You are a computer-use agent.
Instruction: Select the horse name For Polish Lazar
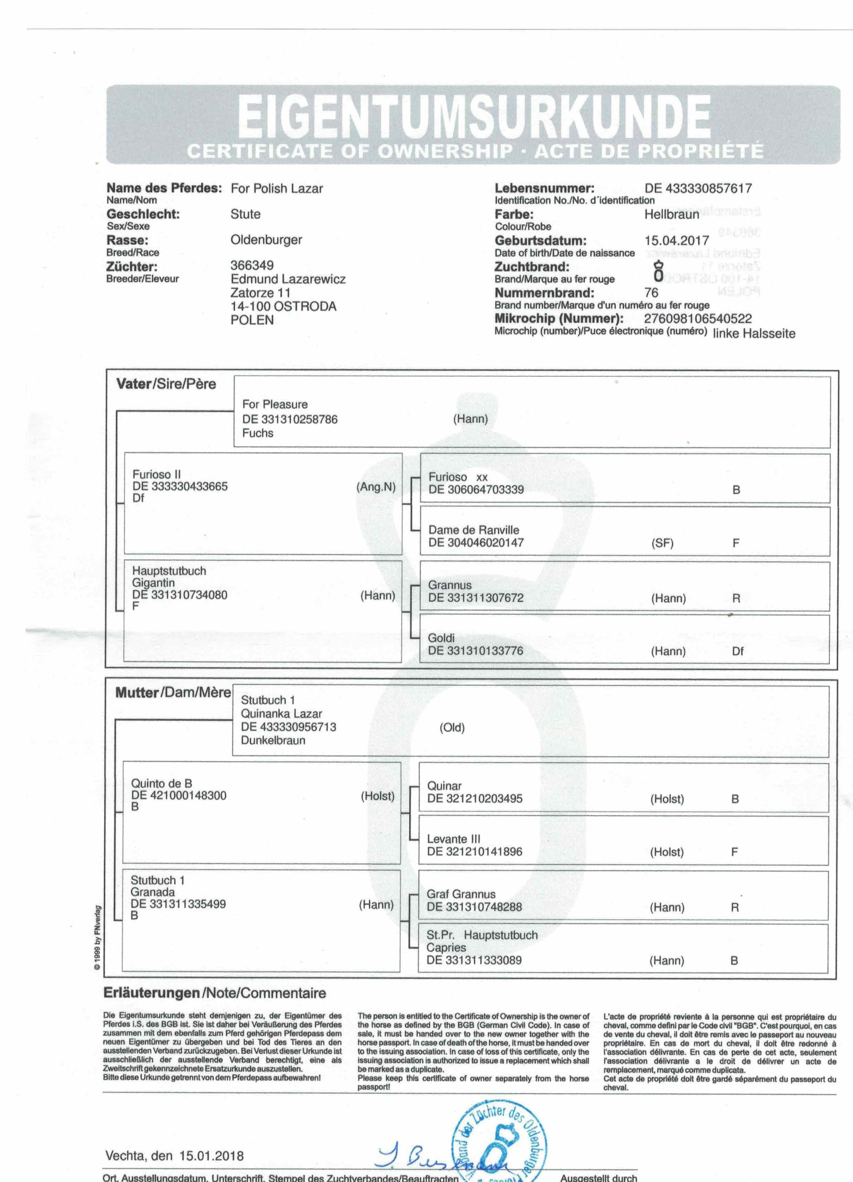[276, 189]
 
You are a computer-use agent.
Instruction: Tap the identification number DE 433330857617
[698, 189]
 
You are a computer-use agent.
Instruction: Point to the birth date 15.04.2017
[676, 241]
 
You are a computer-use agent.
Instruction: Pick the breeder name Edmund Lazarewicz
[288, 279]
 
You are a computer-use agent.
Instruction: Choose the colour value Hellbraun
[671, 215]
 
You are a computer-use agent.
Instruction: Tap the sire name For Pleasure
[275, 404]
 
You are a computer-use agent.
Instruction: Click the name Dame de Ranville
[473, 530]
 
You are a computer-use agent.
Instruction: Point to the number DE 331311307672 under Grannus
[475, 598]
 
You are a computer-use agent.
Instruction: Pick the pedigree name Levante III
[453, 839]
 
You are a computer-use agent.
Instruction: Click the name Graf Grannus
[461, 894]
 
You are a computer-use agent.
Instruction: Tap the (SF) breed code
[662, 543]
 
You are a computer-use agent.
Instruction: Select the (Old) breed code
[452, 728]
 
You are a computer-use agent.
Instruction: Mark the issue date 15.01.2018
[211, 1156]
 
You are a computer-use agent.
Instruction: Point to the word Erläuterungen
[152, 993]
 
